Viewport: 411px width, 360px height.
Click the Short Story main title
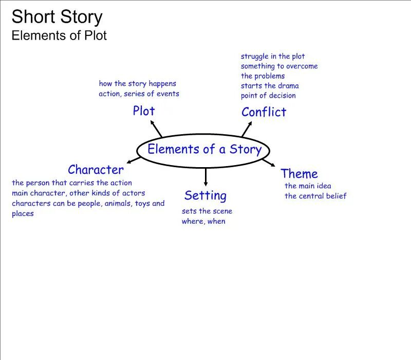pyautogui.click(x=57, y=17)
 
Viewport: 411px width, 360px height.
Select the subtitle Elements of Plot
pyautogui.click(x=59, y=35)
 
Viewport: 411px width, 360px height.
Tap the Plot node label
pyautogui.click(x=143, y=111)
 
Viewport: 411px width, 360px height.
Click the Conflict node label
pyautogui.click(x=264, y=112)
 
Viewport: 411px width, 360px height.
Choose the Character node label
pyautogui.click(x=96, y=170)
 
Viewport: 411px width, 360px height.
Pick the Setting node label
pyautogui.click(x=205, y=195)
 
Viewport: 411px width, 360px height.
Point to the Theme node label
pyautogui.click(x=299, y=174)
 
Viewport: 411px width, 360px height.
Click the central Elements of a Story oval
pyautogui.click(x=204, y=150)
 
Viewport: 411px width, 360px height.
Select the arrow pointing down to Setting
pyautogui.click(x=206, y=177)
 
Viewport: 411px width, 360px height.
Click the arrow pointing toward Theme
pyautogui.click(x=269, y=163)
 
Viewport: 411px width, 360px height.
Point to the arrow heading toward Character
pyautogui.click(x=133, y=160)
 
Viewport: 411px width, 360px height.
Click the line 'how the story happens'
pyautogui.click(x=137, y=83)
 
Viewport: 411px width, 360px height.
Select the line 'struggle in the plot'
pyautogui.click(x=273, y=57)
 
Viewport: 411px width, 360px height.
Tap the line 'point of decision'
pyautogui.click(x=268, y=96)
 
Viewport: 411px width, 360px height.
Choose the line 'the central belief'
pyautogui.click(x=315, y=196)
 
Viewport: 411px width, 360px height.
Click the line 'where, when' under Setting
pyautogui.click(x=203, y=221)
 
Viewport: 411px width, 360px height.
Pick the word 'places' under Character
pyautogui.click(x=23, y=213)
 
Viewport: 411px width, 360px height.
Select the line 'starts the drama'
pyautogui.click(x=270, y=86)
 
